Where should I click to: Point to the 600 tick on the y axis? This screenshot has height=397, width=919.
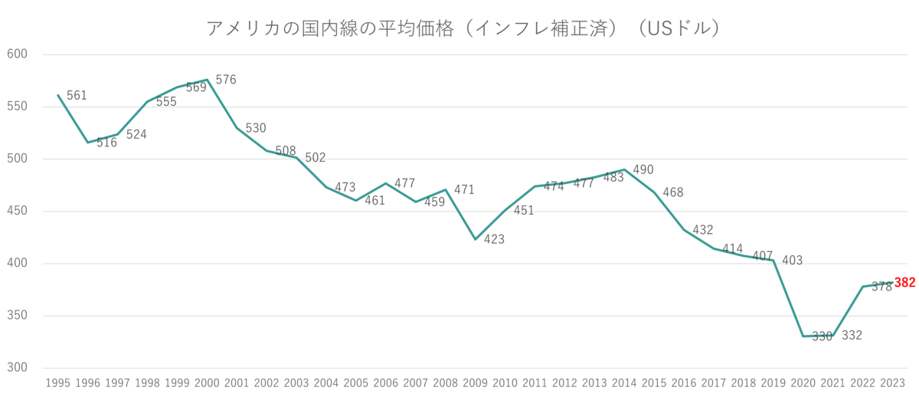17,54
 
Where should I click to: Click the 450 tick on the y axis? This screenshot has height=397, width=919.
17,212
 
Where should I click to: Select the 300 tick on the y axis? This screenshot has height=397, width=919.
17,369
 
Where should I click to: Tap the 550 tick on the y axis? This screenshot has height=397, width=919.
17,107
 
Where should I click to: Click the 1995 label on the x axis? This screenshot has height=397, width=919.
57,381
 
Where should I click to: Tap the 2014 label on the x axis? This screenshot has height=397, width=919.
625,381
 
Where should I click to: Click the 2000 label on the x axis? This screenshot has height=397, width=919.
206,381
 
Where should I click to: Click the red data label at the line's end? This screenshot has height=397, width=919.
905,283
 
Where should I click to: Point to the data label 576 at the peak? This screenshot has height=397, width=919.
227,79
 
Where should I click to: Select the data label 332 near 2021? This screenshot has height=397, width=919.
852,335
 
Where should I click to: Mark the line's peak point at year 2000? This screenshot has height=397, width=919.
207,79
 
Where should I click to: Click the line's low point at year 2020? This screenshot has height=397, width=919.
803,336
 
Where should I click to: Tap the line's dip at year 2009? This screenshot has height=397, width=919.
476,240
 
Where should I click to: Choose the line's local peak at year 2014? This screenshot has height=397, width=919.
626,169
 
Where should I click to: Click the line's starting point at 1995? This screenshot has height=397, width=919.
57,94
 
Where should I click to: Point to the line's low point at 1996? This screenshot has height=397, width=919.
87,143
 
